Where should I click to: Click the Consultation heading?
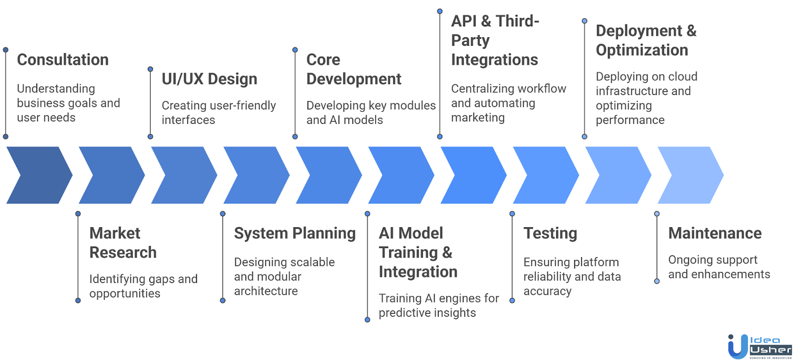point(63,60)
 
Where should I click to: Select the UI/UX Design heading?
point(209,79)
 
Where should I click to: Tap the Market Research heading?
point(123,243)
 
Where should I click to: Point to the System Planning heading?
point(295,233)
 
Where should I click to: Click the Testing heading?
point(550,233)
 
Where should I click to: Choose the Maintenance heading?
point(714,233)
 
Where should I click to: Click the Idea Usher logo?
point(759,346)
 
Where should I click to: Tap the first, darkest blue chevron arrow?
point(39,175)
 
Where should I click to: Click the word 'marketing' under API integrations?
point(478,118)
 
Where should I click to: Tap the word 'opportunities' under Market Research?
point(124,294)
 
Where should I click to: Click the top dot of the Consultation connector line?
point(5,50)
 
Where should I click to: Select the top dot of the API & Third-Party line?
point(440,11)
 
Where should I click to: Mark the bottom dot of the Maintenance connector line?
point(657,281)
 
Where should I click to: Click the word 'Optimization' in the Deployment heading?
point(642,50)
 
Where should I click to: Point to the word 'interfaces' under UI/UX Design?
point(188,120)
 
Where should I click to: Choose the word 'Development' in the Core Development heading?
point(354,79)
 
